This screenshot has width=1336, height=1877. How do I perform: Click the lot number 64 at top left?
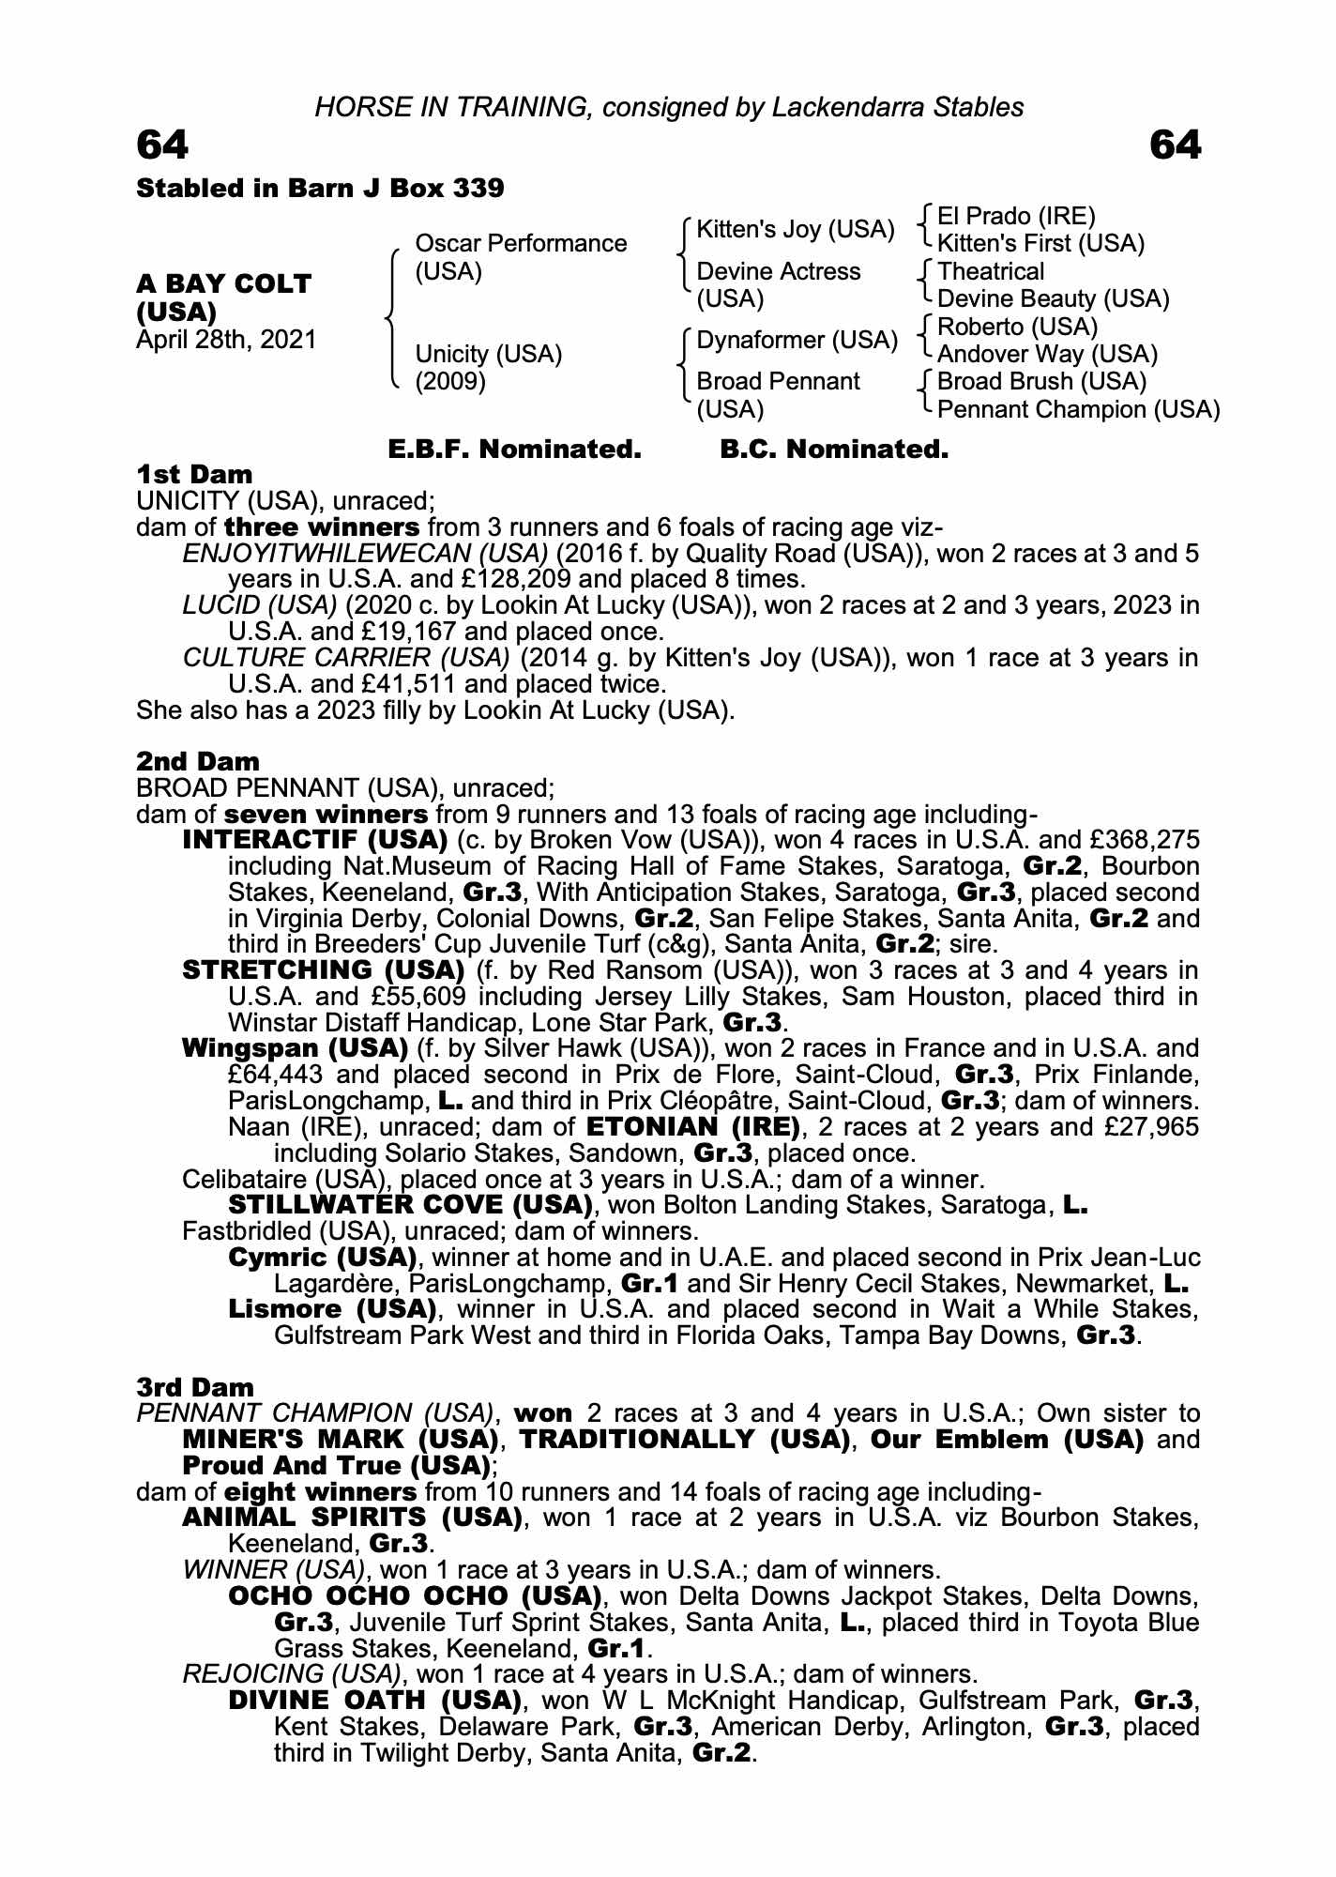(162, 145)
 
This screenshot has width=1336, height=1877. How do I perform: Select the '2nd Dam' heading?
(198, 761)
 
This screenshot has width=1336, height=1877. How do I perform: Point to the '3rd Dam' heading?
(195, 1387)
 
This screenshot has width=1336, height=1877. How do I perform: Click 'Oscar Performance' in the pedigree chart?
(521, 244)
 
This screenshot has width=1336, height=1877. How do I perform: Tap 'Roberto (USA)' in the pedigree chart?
(1017, 327)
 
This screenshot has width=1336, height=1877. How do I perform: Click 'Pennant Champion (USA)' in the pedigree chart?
(1078, 409)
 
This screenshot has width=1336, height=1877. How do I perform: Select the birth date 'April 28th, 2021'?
(226, 339)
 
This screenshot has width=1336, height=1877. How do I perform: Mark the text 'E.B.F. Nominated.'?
(514, 450)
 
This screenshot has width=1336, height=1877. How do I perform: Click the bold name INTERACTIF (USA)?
(314, 839)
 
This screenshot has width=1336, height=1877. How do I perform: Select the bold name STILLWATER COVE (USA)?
(410, 1204)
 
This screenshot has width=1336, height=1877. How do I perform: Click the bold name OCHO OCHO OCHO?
(414, 1595)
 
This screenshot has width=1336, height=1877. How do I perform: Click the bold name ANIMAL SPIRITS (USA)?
(352, 1518)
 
